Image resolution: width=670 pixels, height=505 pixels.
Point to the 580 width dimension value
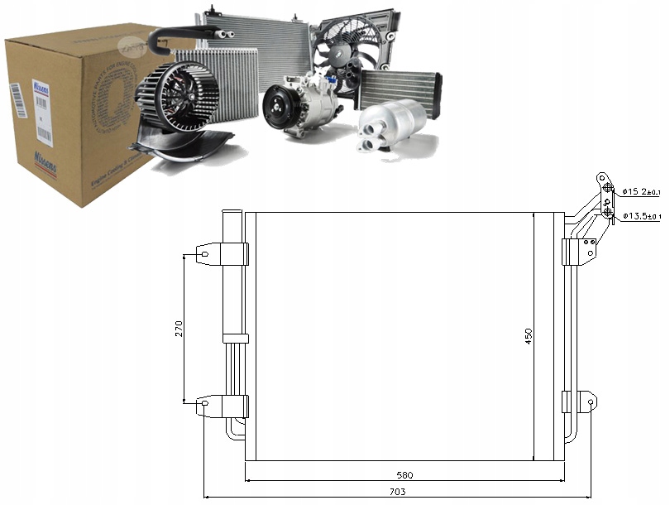pos(404,475)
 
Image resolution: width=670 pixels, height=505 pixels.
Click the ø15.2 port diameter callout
pos(642,193)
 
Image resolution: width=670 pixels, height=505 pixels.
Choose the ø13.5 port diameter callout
pos(642,216)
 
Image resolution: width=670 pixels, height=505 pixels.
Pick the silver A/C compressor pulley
pos(279,108)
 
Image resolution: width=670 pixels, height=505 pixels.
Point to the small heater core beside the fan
pos(400,87)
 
